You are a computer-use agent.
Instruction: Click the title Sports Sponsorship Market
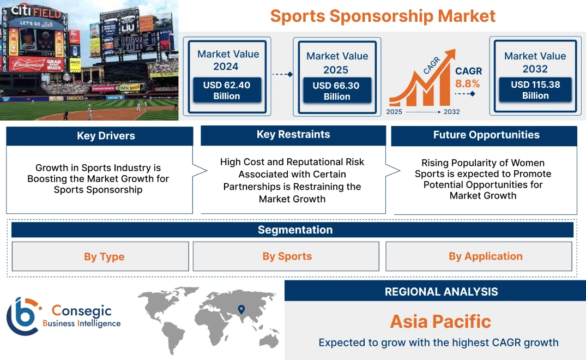[383, 16]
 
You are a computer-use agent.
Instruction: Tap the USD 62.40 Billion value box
[227, 90]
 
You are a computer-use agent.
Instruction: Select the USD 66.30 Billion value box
[337, 91]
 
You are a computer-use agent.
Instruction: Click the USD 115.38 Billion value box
[535, 90]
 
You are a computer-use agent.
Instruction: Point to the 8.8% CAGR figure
[468, 83]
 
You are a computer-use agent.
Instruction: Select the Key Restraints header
[293, 135]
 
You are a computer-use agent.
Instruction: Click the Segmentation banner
[295, 230]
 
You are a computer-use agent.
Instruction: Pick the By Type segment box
[104, 257]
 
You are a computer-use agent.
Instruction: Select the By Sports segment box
[287, 256]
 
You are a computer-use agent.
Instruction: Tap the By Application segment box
[485, 256]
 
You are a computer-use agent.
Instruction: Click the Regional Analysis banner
[441, 292]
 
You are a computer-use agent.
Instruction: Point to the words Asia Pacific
[440, 322]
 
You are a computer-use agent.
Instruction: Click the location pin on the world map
[241, 310]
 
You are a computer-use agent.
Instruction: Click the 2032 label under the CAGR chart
[451, 112]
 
